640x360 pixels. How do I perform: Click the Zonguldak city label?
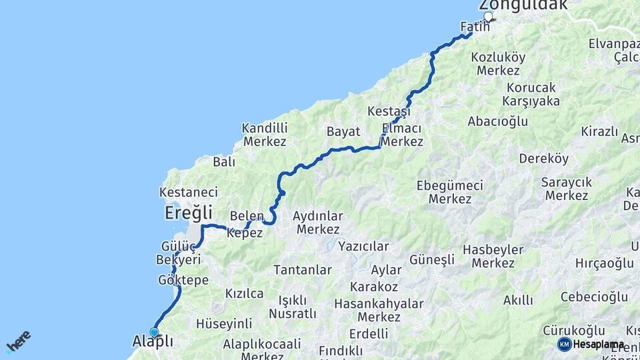pyautogui.click(x=523, y=5)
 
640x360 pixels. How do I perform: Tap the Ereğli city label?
pyautogui.click(x=189, y=213)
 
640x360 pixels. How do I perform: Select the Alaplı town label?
pyautogui.click(x=153, y=341)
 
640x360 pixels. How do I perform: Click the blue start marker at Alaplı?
pyautogui.click(x=154, y=332)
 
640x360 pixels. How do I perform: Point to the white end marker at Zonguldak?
pyautogui.click(x=488, y=17)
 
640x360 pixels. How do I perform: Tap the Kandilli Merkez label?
pyautogui.click(x=265, y=134)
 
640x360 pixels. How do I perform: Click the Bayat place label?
pyautogui.click(x=343, y=131)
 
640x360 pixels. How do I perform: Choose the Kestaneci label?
pyautogui.click(x=189, y=192)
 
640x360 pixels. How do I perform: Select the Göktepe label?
pyautogui.click(x=183, y=280)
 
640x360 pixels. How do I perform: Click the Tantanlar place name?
pyautogui.click(x=303, y=270)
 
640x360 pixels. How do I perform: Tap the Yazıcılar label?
pyautogui.click(x=363, y=246)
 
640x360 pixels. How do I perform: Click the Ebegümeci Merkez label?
pyautogui.click(x=449, y=192)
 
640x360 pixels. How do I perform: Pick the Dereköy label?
pyautogui.click(x=544, y=159)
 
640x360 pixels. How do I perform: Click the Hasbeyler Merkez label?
pyautogui.click(x=493, y=256)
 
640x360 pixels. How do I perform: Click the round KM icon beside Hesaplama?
pyautogui.click(x=564, y=344)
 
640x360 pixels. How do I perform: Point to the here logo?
pyautogui.click(x=18, y=341)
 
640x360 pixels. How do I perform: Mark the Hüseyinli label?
pyautogui.click(x=224, y=324)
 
